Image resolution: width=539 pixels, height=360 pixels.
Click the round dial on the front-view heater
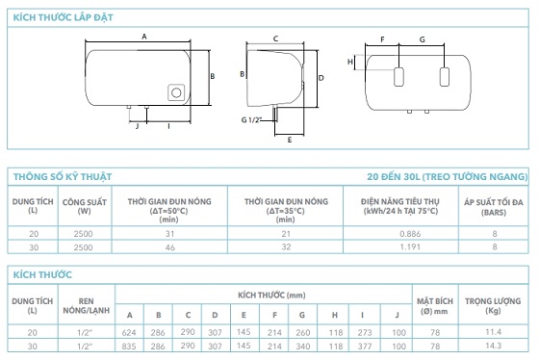[176, 92]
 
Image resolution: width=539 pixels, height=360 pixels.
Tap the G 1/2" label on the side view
[251, 119]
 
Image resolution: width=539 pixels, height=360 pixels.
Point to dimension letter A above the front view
[144, 37]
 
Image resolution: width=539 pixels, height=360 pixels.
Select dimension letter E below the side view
[290, 140]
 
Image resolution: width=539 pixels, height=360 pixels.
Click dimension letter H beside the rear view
[350, 62]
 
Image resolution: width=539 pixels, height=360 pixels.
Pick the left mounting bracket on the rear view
[398, 77]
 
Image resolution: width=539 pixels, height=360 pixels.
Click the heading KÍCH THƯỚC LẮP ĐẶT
[63, 17]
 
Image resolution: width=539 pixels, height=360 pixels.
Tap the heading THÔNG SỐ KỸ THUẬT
[63, 176]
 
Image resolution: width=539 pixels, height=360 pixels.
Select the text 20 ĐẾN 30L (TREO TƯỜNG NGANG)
[448, 176]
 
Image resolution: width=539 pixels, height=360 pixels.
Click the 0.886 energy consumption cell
[410, 234]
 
